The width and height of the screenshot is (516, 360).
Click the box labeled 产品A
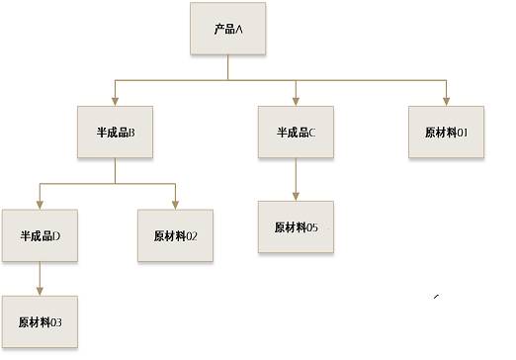point(228,29)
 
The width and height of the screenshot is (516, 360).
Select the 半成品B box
point(115,132)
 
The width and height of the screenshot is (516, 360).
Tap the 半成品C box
point(296,132)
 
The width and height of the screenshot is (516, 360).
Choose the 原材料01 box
point(446,132)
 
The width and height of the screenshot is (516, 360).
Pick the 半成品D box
point(40,235)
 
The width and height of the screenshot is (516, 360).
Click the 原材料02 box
point(175,235)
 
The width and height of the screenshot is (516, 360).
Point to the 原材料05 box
point(296,226)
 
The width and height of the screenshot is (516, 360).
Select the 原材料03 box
point(40,321)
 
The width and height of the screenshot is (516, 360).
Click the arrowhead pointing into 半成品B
point(115,102)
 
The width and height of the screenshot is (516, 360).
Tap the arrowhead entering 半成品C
point(296,102)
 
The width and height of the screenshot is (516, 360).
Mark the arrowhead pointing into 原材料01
point(446,102)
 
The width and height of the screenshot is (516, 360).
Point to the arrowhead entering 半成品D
point(40,205)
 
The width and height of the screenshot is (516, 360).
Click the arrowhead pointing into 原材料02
point(175,205)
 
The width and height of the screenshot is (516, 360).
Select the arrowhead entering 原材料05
point(296,197)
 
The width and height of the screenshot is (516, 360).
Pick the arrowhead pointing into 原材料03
point(40,292)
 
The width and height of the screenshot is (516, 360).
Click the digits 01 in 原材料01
point(463,133)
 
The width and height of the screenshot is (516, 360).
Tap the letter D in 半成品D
point(56,236)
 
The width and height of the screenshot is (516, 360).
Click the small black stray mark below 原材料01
point(437,297)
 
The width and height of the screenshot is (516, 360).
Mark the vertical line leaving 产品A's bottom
point(228,67)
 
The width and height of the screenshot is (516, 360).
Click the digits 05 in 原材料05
point(312,227)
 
